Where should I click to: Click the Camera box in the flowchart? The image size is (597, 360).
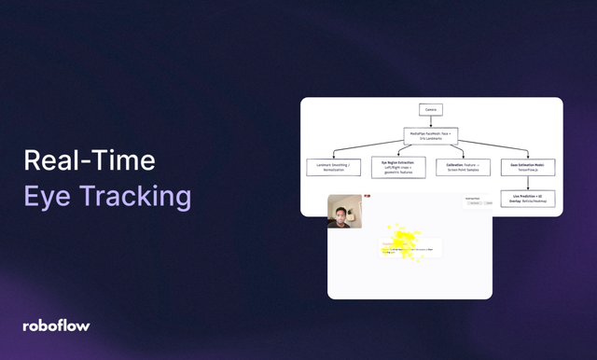(431, 110)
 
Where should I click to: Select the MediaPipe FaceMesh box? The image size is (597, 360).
(431, 136)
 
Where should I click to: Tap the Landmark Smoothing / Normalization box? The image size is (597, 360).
(333, 168)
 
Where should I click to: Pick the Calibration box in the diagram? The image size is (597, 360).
(462, 168)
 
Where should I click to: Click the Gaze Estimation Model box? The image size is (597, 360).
(528, 168)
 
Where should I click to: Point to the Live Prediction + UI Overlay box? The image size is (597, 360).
(528, 198)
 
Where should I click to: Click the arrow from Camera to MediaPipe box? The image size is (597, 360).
(431, 121)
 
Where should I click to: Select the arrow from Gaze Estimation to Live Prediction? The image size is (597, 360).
(528, 184)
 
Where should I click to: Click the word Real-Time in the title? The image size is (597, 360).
(90, 161)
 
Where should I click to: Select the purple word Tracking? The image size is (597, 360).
(133, 198)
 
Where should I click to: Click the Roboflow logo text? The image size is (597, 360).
(56, 325)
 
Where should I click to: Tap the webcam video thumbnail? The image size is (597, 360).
(345, 212)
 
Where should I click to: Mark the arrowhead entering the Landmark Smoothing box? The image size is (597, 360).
(333, 157)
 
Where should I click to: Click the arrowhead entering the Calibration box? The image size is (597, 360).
(462, 157)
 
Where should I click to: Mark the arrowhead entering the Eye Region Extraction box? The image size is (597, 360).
(398, 157)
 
